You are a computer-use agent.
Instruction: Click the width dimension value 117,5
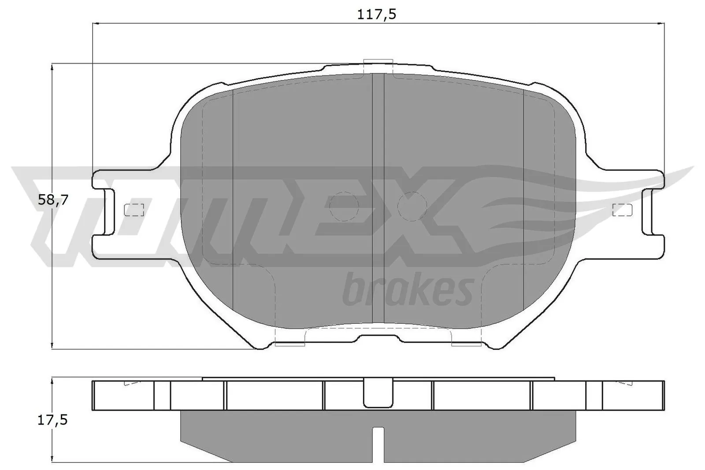(x=377, y=15)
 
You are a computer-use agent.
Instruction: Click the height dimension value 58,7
(x=53, y=200)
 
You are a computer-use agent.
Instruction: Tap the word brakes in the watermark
(x=408, y=291)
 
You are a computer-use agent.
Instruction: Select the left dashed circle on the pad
(x=345, y=206)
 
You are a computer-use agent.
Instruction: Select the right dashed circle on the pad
(x=412, y=207)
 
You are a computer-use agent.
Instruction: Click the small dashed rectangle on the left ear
(x=134, y=210)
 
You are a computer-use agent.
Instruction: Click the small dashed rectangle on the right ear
(x=622, y=210)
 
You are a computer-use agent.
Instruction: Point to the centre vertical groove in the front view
(x=378, y=198)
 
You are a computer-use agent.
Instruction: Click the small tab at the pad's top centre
(x=378, y=66)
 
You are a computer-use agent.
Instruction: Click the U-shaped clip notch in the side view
(x=378, y=393)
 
